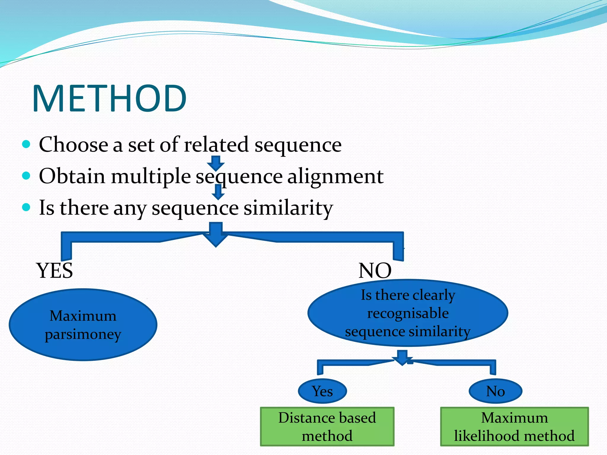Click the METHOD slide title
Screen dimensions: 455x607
tap(110, 98)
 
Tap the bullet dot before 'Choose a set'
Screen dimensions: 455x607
tap(26, 144)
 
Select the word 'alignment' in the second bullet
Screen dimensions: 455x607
tap(335, 176)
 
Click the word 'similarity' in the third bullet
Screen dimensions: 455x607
tap(288, 208)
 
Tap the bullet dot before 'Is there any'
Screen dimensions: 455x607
tap(26, 207)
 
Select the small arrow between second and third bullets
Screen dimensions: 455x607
tap(218, 192)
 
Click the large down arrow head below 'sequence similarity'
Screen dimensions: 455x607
tap(216, 238)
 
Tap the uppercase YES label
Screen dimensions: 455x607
tap(55, 270)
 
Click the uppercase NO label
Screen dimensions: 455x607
tap(375, 270)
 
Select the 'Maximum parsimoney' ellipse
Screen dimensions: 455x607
tap(83, 325)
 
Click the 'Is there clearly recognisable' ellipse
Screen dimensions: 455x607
tap(408, 313)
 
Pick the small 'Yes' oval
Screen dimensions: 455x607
tap(322, 391)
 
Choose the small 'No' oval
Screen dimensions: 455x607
tap(495, 391)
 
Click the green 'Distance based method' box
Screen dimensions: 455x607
tap(327, 427)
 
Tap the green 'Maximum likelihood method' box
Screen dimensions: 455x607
tap(514, 427)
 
